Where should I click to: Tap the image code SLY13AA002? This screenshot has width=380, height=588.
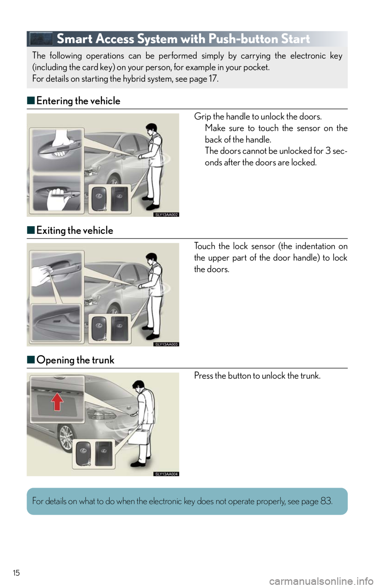(x=165, y=215)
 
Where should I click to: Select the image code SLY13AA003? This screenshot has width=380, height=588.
(x=165, y=344)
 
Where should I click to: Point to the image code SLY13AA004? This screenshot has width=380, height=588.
(x=165, y=474)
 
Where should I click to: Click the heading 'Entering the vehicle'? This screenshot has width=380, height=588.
(x=78, y=101)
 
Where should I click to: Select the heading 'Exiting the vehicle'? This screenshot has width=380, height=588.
(x=75, y=231)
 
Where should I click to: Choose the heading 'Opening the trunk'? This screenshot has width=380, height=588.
(x=75, y=360)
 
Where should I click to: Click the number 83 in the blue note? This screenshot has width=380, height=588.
(x=326, y=501)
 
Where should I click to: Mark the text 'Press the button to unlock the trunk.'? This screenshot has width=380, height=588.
(x=257, y=376)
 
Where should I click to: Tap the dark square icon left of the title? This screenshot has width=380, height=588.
(x=41, y=39)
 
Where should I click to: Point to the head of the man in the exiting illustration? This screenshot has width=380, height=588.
(x=152, y=259)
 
